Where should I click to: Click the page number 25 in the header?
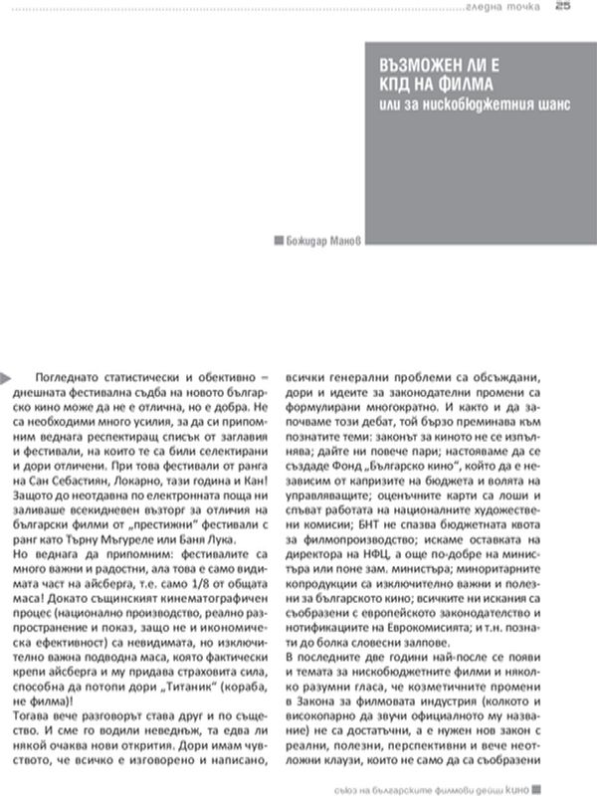[x=563, y=8]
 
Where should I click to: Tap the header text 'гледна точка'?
[x=506, y=9]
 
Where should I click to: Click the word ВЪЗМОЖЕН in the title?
[x=407, y=63]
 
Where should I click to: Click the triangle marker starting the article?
[x=9, y=376]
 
